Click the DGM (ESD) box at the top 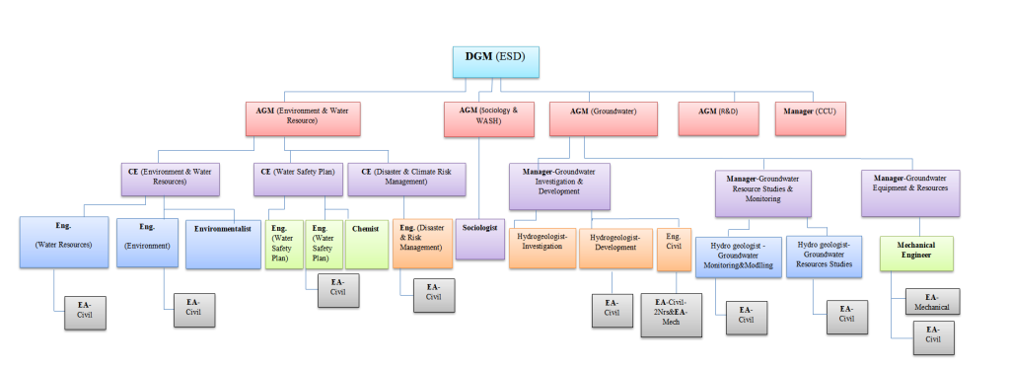(496, 60)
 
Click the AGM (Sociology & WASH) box (480, 117)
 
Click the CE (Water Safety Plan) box (297, 179)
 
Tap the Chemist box (367, 244)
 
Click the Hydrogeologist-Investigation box (541, 248)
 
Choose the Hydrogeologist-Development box (615, 248)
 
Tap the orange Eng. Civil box (674, 248)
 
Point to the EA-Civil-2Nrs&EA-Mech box (672, 315)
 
